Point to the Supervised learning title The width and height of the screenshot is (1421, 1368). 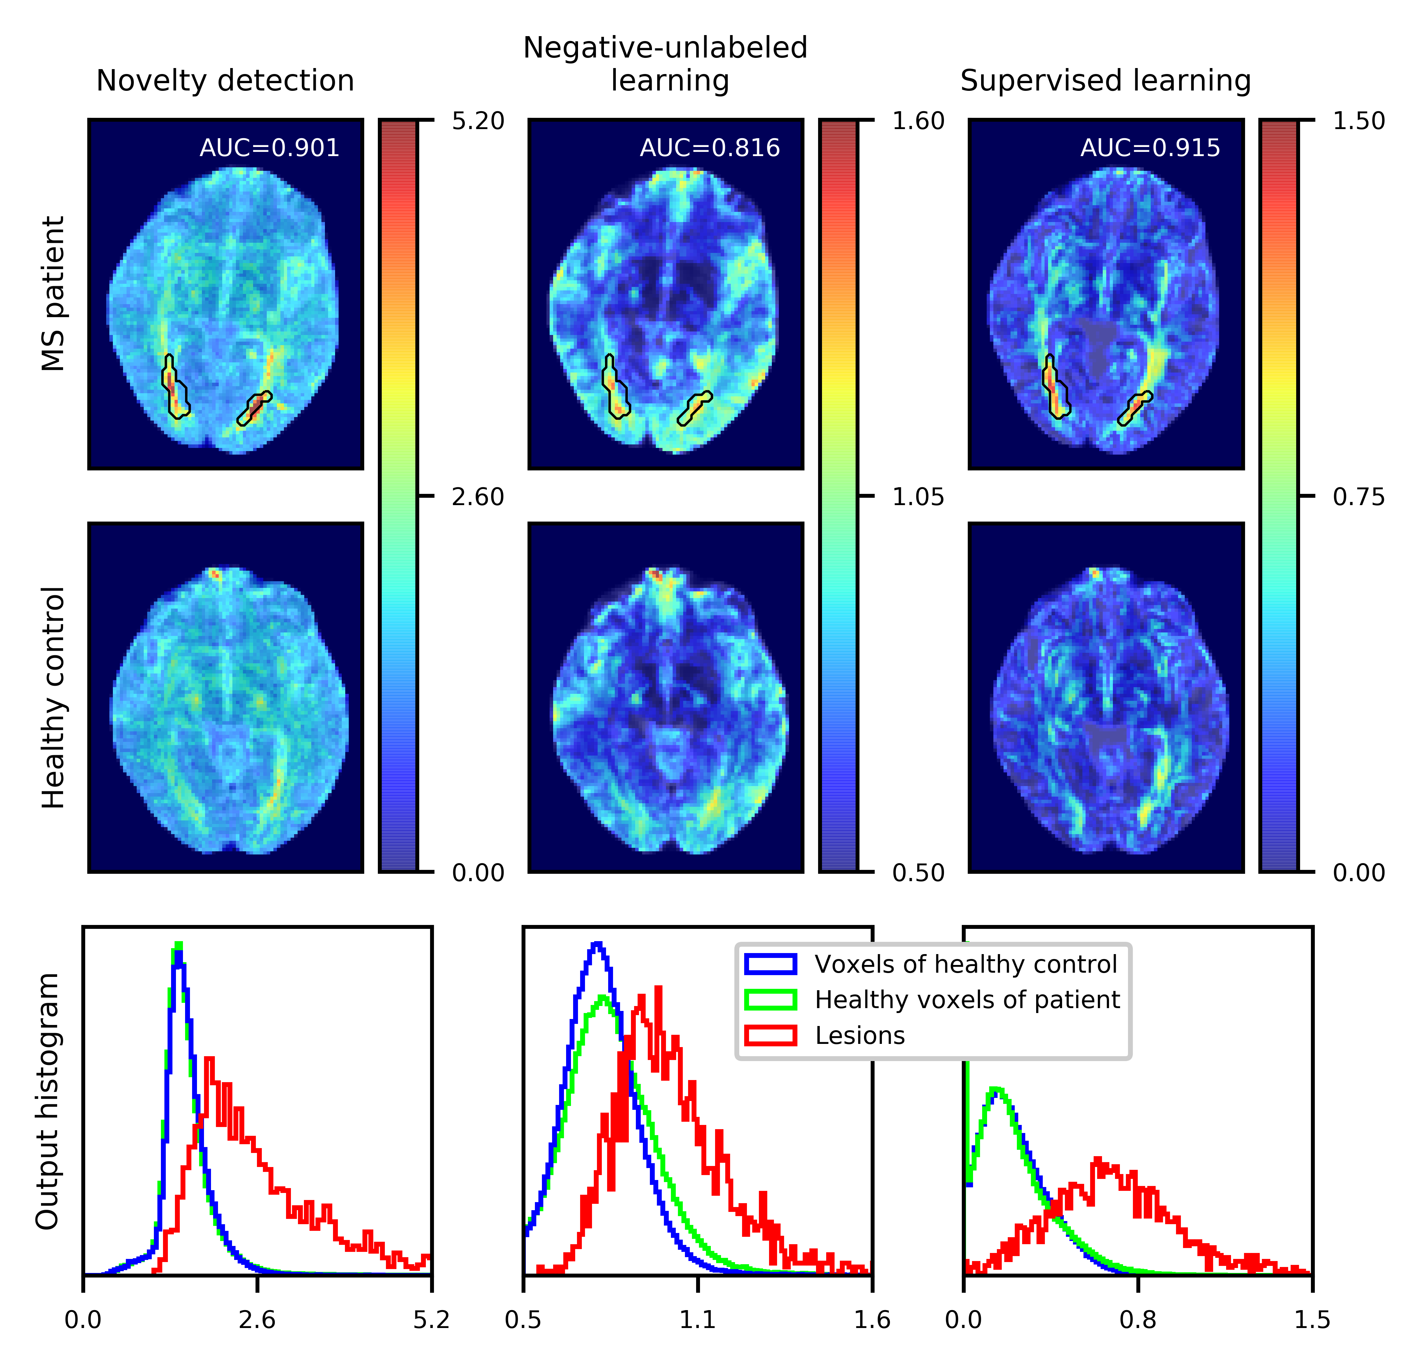point(1106,81)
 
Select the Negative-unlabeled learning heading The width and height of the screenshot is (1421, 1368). point(666,64)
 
